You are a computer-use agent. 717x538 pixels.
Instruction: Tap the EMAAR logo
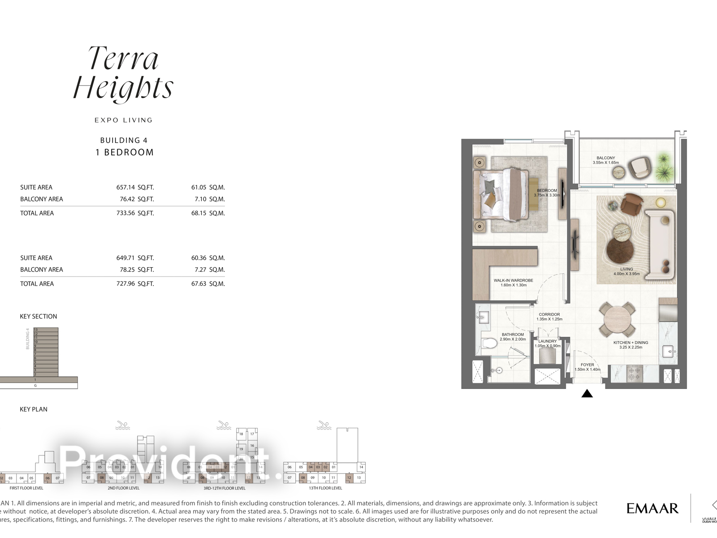652,508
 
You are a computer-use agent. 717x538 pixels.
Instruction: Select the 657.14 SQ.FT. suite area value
135,187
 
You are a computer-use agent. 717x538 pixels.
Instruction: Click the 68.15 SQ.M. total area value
208,213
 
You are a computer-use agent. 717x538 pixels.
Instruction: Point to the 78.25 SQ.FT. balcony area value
135,269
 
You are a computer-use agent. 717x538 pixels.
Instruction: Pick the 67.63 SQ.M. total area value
208,283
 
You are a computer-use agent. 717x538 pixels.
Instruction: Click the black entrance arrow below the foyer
587,394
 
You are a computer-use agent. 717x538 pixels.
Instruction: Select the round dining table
618,320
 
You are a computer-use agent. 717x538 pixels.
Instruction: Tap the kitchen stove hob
634,373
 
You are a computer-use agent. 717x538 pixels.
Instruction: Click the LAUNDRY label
548,341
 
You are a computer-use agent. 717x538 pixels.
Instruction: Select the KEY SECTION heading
39,317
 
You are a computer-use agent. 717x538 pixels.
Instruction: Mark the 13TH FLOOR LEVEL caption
325,488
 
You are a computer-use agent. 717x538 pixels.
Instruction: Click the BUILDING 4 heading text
124,140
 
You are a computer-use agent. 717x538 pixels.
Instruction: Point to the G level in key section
35,386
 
